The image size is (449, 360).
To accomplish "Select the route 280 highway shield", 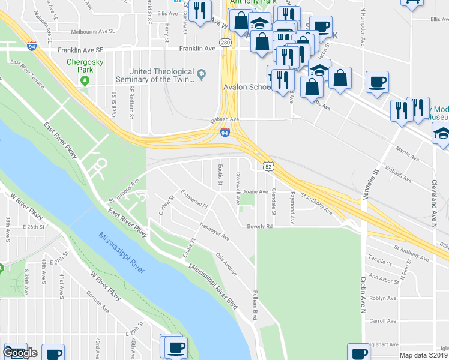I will click(x=225, y=43).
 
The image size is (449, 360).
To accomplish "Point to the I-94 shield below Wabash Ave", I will click(x=224, y=131).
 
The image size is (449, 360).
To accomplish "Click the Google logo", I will click(x=20, y=353).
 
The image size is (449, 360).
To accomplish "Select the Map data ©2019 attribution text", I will click(x=423, y=355).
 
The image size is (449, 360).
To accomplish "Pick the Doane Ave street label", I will click(x=255, y=191).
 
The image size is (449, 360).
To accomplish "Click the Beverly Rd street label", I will click(x=260, y=226).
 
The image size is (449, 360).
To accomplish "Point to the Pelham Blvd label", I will click(x=255, y=307).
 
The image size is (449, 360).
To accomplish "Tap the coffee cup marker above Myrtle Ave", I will click(x=377, y=83).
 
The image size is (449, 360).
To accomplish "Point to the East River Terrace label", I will click(x=27, y=74).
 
